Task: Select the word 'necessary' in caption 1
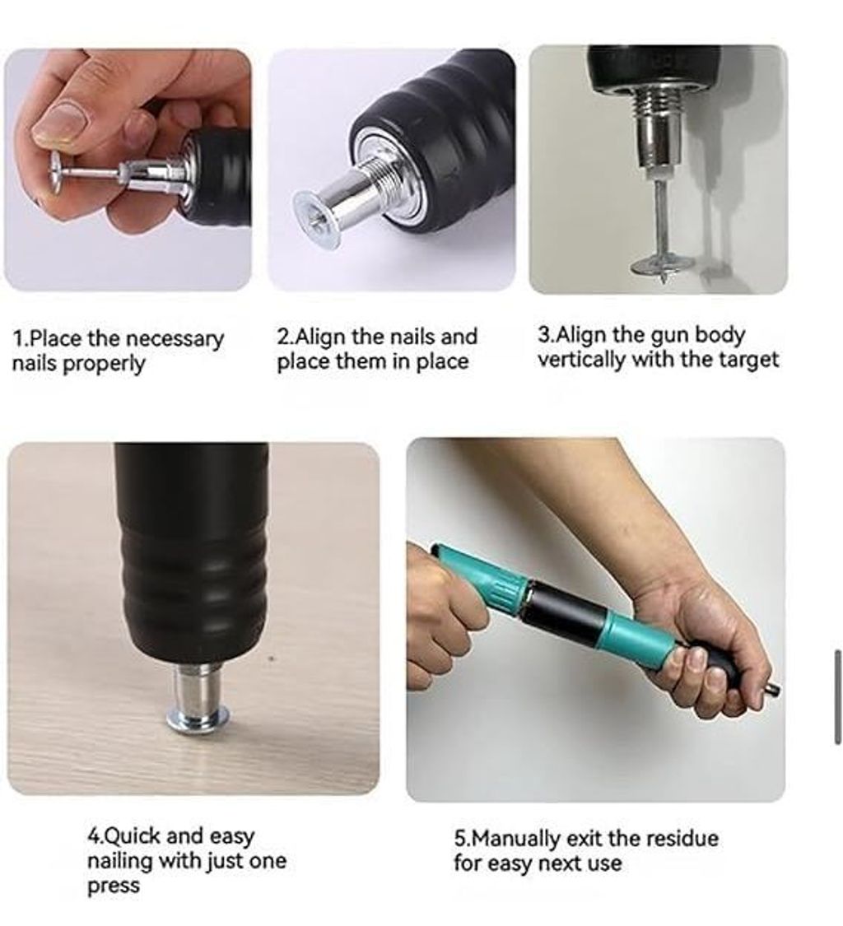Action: (x=175, y=339)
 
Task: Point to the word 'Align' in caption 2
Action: (x=319, y=337)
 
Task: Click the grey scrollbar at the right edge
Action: (x=838, y=696)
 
